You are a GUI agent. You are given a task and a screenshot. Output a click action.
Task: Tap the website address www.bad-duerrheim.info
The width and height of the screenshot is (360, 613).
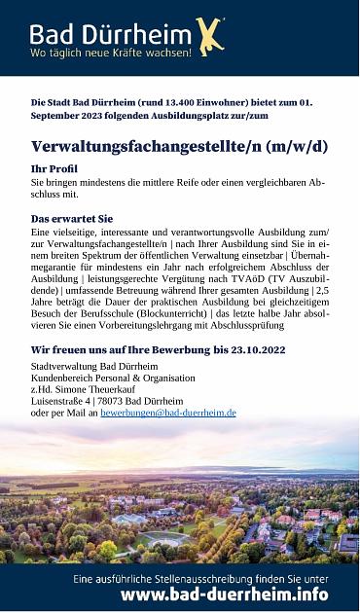pos(224,595)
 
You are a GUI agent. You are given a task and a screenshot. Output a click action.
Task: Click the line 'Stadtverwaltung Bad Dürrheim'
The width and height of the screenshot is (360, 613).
pos(94,366)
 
